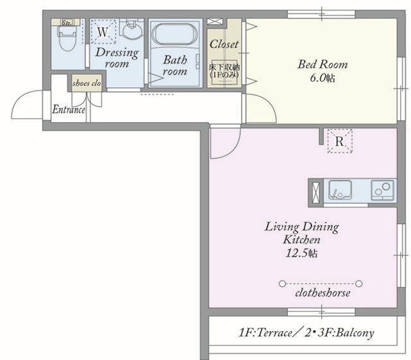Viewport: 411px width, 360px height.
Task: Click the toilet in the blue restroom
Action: point(67,38)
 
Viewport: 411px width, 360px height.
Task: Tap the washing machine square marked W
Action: point(103,31)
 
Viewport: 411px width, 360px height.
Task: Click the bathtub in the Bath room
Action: point(174,35)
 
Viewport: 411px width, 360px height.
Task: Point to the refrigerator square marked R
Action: point(340,141)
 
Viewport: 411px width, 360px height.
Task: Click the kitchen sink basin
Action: point(340,190)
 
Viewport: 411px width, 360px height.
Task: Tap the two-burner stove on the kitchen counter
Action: point(382,190)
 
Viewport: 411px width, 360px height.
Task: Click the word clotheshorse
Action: point(323,293)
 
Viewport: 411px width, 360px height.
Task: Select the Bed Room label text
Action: point(323,65)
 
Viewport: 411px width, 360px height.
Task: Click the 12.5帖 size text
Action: point(301,253)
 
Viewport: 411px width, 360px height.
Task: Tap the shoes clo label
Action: point(87,83)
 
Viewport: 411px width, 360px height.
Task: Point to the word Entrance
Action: point(69,110)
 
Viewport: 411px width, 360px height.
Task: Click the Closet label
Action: point(224,44)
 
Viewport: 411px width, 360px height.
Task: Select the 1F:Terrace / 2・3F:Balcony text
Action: point(306,332)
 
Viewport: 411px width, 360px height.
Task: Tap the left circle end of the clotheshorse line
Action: point(282,283)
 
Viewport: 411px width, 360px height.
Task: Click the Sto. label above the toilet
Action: point(66,22)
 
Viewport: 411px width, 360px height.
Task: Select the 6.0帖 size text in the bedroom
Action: point(323,78)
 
